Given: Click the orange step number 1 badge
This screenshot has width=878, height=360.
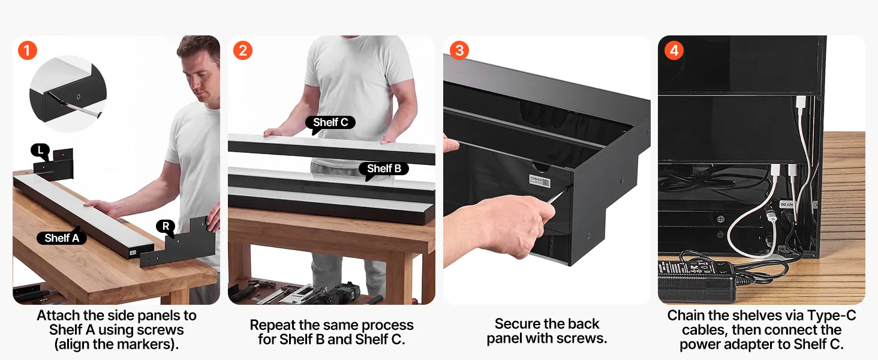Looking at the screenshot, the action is coord(28,50).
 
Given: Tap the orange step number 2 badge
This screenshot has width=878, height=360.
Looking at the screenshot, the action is coord(243,50).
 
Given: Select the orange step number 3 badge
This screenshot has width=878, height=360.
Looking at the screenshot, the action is coord(459,50).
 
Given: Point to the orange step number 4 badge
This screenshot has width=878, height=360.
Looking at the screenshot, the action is coord(673,50).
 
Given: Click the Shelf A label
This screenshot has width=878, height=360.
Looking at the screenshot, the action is coord(62,238).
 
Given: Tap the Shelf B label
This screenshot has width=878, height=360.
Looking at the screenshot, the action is coord(384,169).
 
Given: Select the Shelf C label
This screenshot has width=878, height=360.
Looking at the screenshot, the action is coord(330,123).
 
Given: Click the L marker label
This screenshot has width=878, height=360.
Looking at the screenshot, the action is coord(40,151).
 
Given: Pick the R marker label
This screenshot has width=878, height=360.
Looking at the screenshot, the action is coord(166,227).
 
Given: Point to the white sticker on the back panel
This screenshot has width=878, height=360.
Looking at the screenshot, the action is coord(539,181).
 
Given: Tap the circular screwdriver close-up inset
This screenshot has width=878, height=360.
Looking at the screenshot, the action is coord(68,94).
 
